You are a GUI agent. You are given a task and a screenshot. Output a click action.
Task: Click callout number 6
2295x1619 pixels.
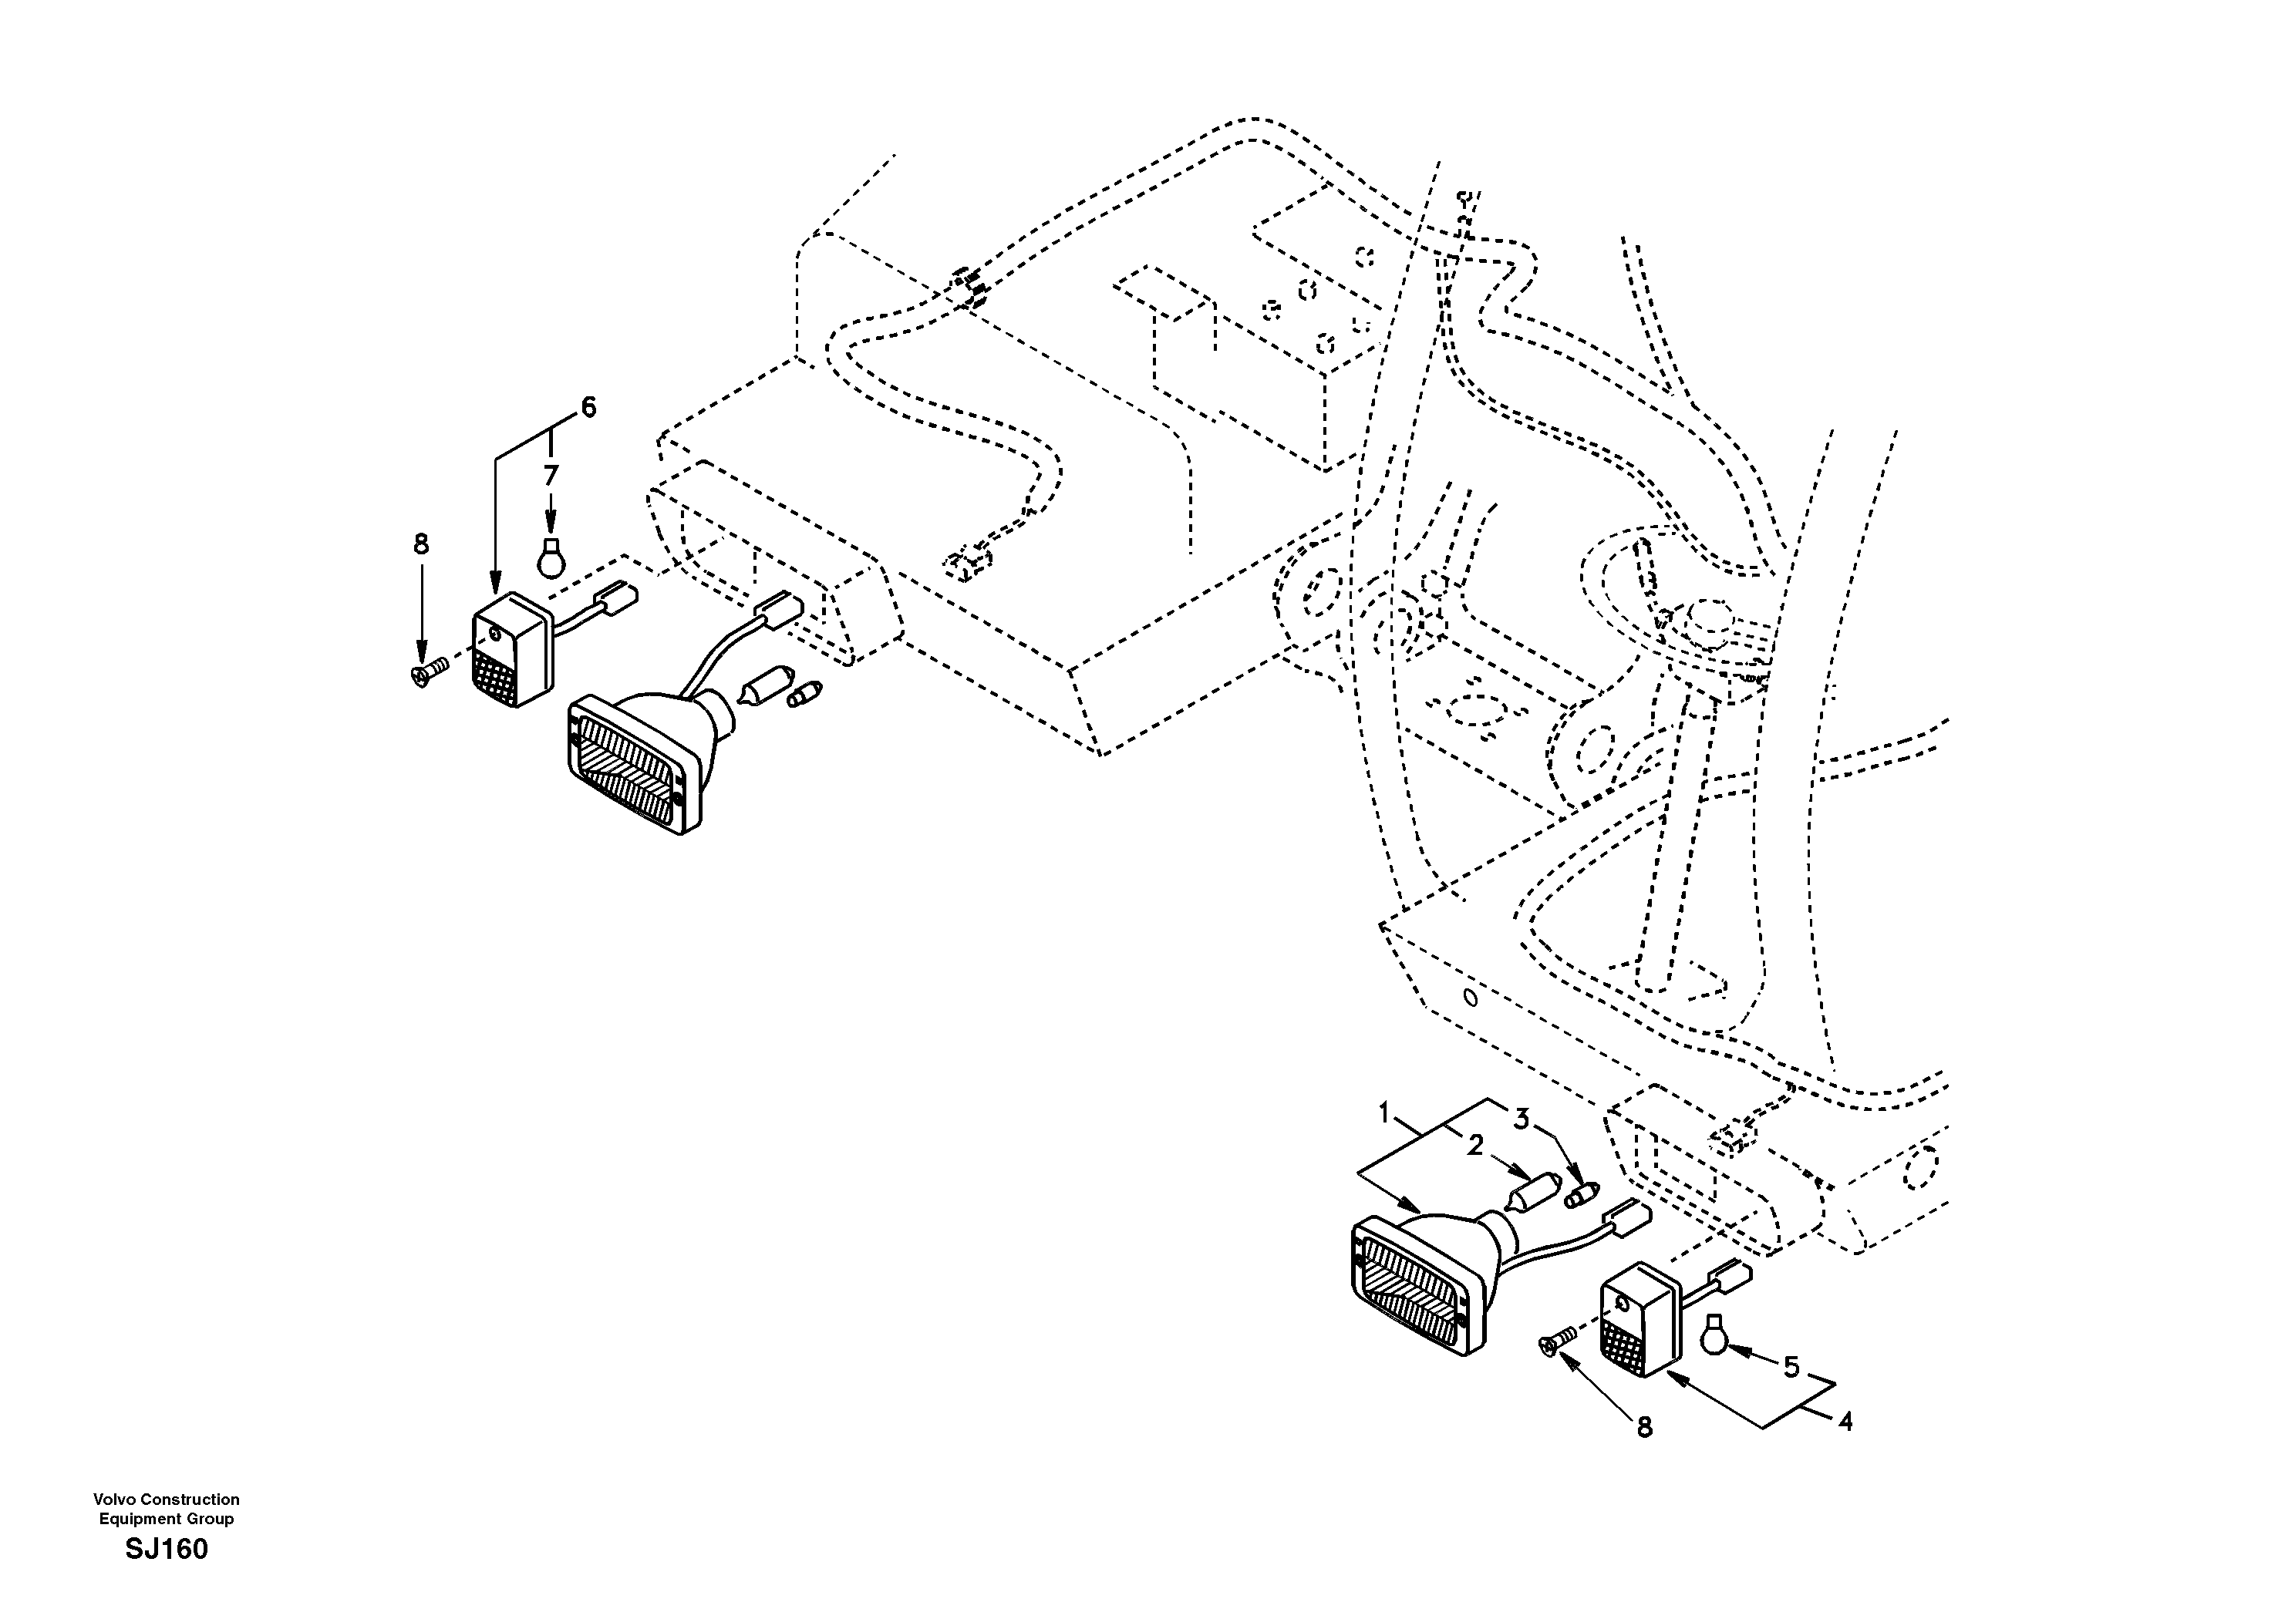(x=588, y=407)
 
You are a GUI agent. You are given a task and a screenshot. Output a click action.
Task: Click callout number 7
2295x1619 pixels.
(x=551, y=476)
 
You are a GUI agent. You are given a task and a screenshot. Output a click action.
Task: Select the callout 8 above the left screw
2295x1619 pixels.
(x=421, y=544)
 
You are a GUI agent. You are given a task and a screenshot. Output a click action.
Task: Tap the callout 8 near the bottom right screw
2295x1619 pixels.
(x=1644, y=1428)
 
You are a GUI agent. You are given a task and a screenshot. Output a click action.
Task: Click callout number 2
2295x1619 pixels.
(x=1475, y=1146)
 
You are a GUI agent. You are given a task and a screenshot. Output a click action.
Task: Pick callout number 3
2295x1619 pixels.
(x=1520, y=1119)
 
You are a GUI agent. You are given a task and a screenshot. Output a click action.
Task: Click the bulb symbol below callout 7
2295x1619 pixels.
(x=550, y=559)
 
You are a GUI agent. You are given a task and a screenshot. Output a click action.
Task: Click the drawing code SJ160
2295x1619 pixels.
(x=166, y=1550)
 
